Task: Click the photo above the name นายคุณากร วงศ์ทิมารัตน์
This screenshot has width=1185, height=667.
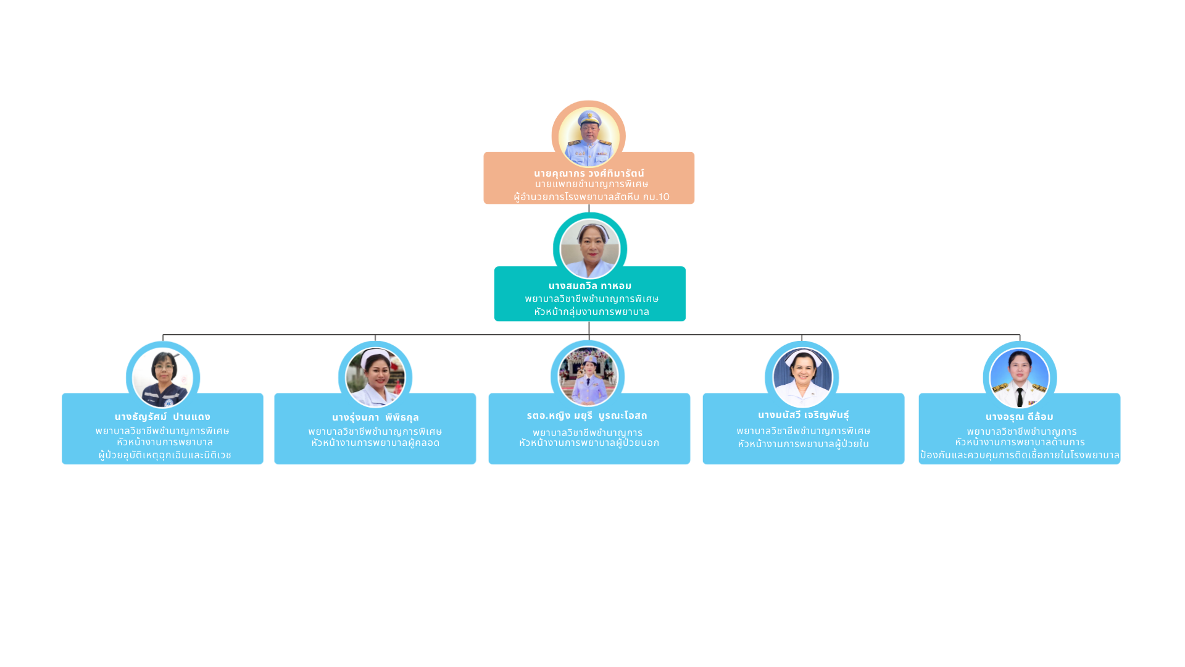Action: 589,136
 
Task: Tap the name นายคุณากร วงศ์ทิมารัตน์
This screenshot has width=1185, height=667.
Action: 589,174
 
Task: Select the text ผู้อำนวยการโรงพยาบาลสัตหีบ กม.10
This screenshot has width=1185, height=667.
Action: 591,197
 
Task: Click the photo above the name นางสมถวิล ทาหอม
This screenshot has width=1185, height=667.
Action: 590,249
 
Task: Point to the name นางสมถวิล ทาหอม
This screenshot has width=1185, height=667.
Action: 590,286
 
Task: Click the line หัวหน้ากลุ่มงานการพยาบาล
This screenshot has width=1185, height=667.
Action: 591,312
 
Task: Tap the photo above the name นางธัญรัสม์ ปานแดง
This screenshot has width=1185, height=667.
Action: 163,377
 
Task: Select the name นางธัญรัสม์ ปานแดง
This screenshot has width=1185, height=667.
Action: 162,417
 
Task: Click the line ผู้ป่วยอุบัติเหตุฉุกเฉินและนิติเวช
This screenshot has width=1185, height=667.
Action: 165,455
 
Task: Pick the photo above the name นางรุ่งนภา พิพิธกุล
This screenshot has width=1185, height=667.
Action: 375,377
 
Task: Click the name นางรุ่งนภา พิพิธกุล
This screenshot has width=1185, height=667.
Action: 375,417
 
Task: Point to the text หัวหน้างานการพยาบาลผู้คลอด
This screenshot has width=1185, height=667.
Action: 375,443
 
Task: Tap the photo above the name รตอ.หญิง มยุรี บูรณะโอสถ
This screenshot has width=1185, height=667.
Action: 588,376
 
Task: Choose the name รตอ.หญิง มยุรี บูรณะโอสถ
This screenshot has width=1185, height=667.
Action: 587,416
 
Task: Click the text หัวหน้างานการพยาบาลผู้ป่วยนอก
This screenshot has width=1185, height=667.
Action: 589,443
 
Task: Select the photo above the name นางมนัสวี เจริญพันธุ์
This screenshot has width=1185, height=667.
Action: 802,377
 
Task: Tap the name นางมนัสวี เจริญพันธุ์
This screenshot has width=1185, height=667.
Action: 804,415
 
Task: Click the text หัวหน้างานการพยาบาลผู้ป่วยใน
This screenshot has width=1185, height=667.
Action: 803,444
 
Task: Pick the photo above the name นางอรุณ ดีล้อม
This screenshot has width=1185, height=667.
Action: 1020,377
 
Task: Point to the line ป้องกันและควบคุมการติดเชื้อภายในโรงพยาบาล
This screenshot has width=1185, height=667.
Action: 1020,455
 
